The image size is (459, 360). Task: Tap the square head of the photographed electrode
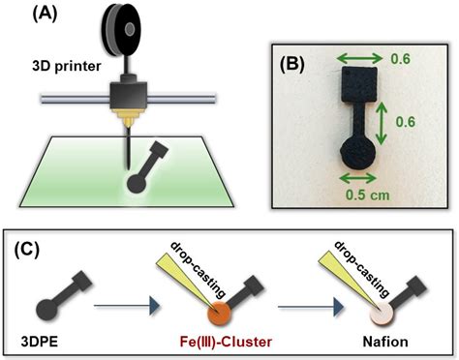(355, 78)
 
